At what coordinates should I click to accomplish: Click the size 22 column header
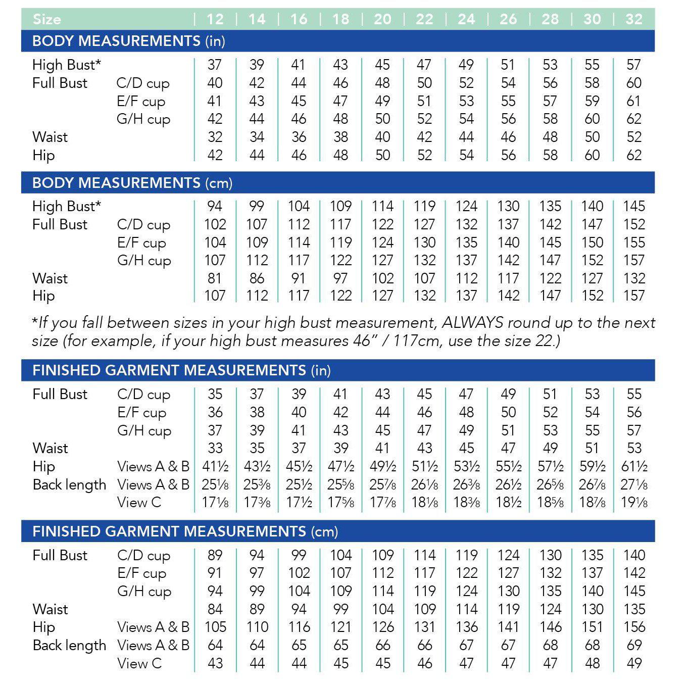point(424,19)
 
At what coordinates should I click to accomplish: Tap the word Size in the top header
point(46,19)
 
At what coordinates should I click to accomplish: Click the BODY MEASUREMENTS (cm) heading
point(132,182)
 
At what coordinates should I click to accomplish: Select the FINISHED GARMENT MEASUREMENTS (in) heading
point(181,370)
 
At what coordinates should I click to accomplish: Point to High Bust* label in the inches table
point(67,65)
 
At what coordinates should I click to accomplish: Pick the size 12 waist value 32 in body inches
point(215,137)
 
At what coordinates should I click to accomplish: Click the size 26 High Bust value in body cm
point(508,206)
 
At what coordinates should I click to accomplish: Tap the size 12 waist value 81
point(215,278)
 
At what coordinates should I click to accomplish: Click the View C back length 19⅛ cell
point(634,503)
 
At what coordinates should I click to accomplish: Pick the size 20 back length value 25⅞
point(382,484)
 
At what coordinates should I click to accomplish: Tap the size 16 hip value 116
point(299,627)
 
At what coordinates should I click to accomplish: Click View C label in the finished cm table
point(139,663)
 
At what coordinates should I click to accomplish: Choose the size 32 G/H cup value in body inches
point(634,119)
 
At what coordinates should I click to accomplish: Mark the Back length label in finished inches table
point(70,484)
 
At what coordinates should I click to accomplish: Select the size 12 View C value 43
point(215,663)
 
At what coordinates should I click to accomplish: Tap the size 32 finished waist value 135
point(634,609)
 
